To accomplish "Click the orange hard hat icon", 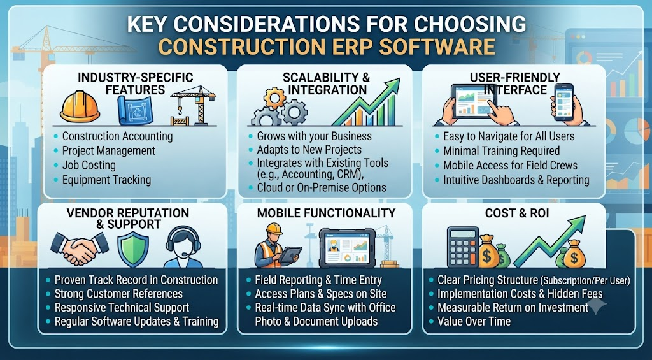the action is [80, 107].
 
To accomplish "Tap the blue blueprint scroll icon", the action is [135, 110].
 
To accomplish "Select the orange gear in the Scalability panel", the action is [274, 98].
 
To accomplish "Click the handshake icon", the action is [80, 249].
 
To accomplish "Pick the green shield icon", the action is [133, 249].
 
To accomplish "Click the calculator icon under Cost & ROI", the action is [463, 247].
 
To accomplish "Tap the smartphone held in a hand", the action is [563, 102].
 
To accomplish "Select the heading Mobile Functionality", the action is [326, 213].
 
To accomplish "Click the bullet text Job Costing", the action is [89, 165].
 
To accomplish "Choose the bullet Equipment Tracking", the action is [106, 180].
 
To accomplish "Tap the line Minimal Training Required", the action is [502, 150].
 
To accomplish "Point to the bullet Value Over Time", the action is [474, 321].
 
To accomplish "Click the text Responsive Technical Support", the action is [122, 308].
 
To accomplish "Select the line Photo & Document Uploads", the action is [316, 321].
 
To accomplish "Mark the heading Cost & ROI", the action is [517, 213].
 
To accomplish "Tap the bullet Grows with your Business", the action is [315, 136].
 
